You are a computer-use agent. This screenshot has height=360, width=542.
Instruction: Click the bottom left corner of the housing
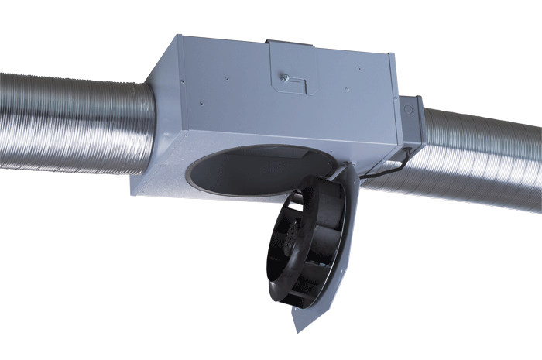click(x=132, y=192)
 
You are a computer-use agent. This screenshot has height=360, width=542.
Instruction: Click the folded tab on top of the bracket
click(x=290, y=43)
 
